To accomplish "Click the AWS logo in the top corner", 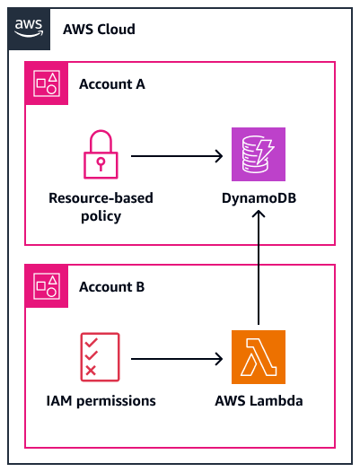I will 30,30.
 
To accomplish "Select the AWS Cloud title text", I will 99,30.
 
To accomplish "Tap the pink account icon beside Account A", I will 46,84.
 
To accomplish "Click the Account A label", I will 112,84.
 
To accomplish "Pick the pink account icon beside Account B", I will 46,286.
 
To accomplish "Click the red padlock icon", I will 100,155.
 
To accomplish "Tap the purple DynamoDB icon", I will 258,155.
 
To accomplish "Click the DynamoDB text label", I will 259,198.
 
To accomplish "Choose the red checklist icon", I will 100,357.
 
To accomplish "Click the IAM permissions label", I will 100,400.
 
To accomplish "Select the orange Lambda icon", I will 258,357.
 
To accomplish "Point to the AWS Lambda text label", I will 259,400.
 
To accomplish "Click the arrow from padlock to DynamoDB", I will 177,156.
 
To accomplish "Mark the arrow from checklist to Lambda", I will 177,358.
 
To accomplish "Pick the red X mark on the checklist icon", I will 89,371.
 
